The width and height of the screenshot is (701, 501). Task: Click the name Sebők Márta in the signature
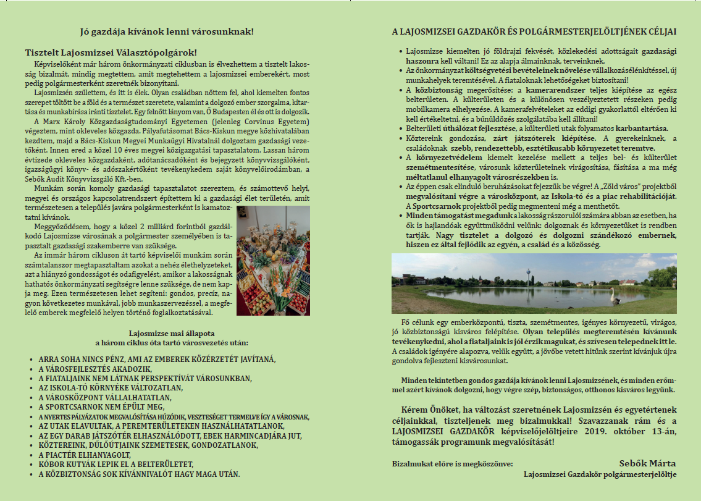(648, 463)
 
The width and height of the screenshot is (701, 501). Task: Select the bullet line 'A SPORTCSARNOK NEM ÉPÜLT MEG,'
(101, 406)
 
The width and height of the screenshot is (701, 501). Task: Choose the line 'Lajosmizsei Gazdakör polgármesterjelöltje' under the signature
(600, 474)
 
